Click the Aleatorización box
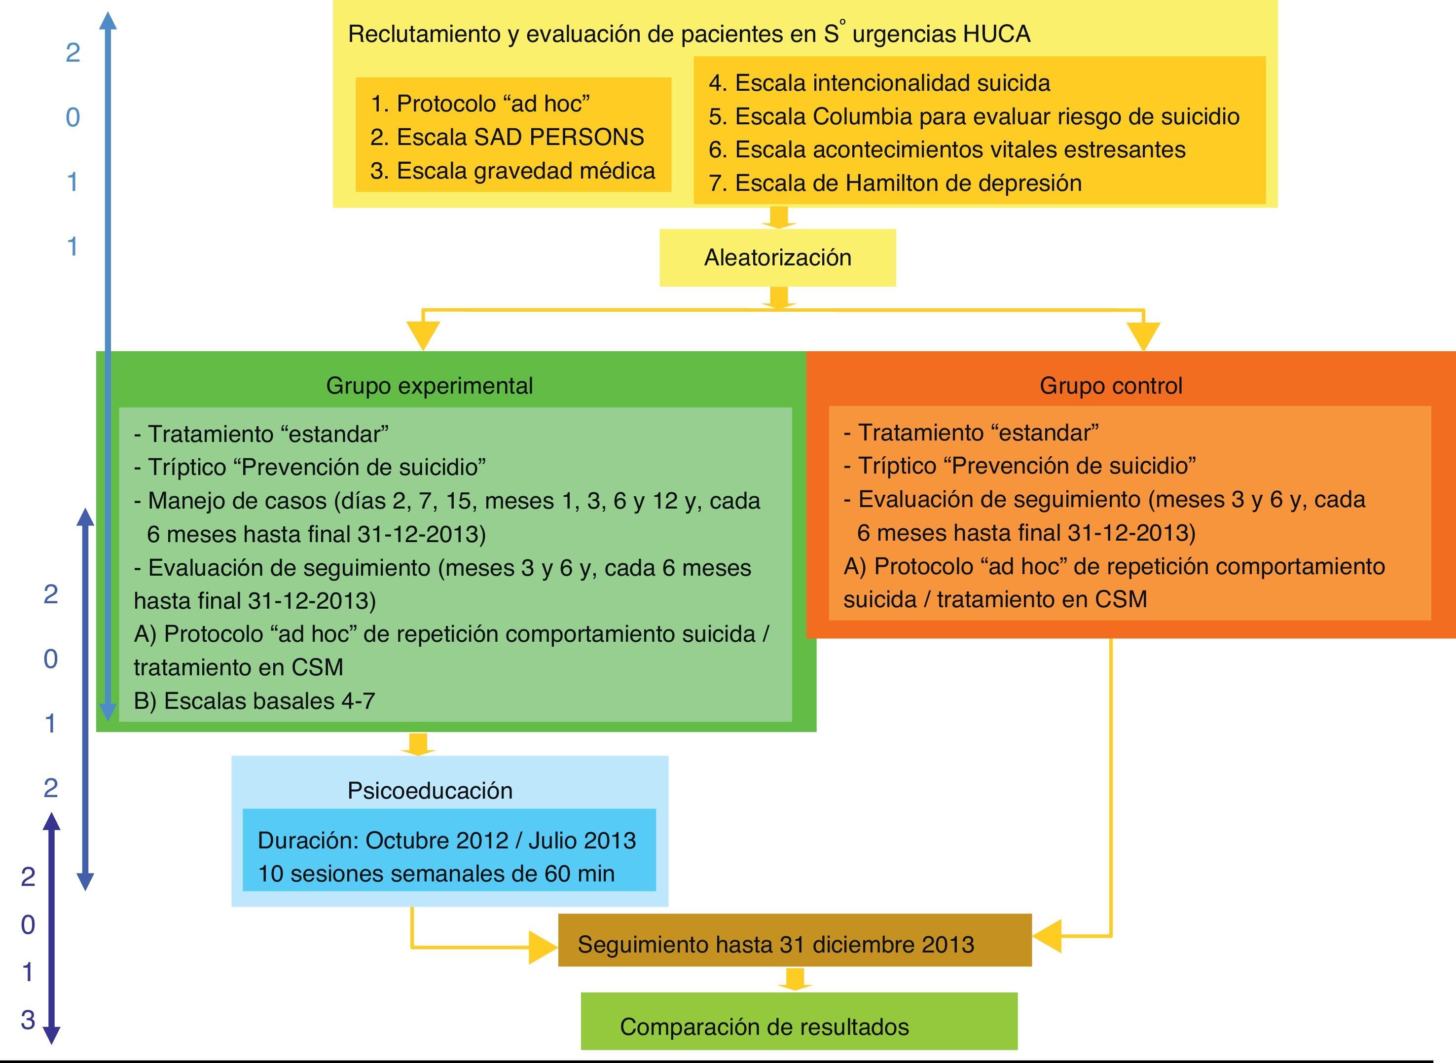point(777,257)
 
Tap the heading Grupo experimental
point(429,385)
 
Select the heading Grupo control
point(1111,385)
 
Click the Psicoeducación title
point(430,790)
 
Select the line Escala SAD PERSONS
point(507,137)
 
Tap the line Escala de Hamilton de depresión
point(895,183)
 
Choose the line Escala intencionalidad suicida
point(879,83)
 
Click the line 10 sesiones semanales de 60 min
point(436,873)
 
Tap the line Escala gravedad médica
point(513,171)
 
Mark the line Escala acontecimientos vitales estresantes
point(947,149)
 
